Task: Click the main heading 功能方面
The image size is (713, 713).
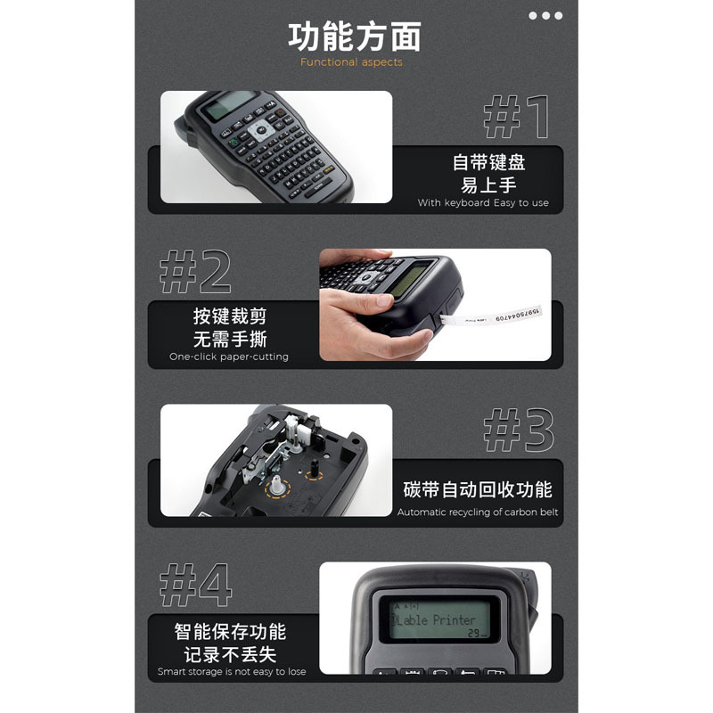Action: [x=355, y=37]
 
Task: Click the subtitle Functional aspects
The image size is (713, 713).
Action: [x=351, y=62]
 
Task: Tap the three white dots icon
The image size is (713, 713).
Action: [x=545, y=15]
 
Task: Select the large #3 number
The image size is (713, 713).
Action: [x=518, y=431]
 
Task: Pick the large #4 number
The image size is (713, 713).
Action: [x=195, y=586]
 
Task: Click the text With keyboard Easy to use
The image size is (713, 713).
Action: [x=483, y=203]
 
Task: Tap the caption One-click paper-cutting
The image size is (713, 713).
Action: [x=229, y=356]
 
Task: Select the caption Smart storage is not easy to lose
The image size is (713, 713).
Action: [x=232, y=672]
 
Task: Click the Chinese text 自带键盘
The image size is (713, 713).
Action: [x=488, y=162]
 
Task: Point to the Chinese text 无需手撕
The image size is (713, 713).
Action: [x=230, y=339]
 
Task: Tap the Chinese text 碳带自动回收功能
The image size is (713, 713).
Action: [x=477, y=489]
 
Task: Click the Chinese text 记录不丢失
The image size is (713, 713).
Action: [x=231, y=654]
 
